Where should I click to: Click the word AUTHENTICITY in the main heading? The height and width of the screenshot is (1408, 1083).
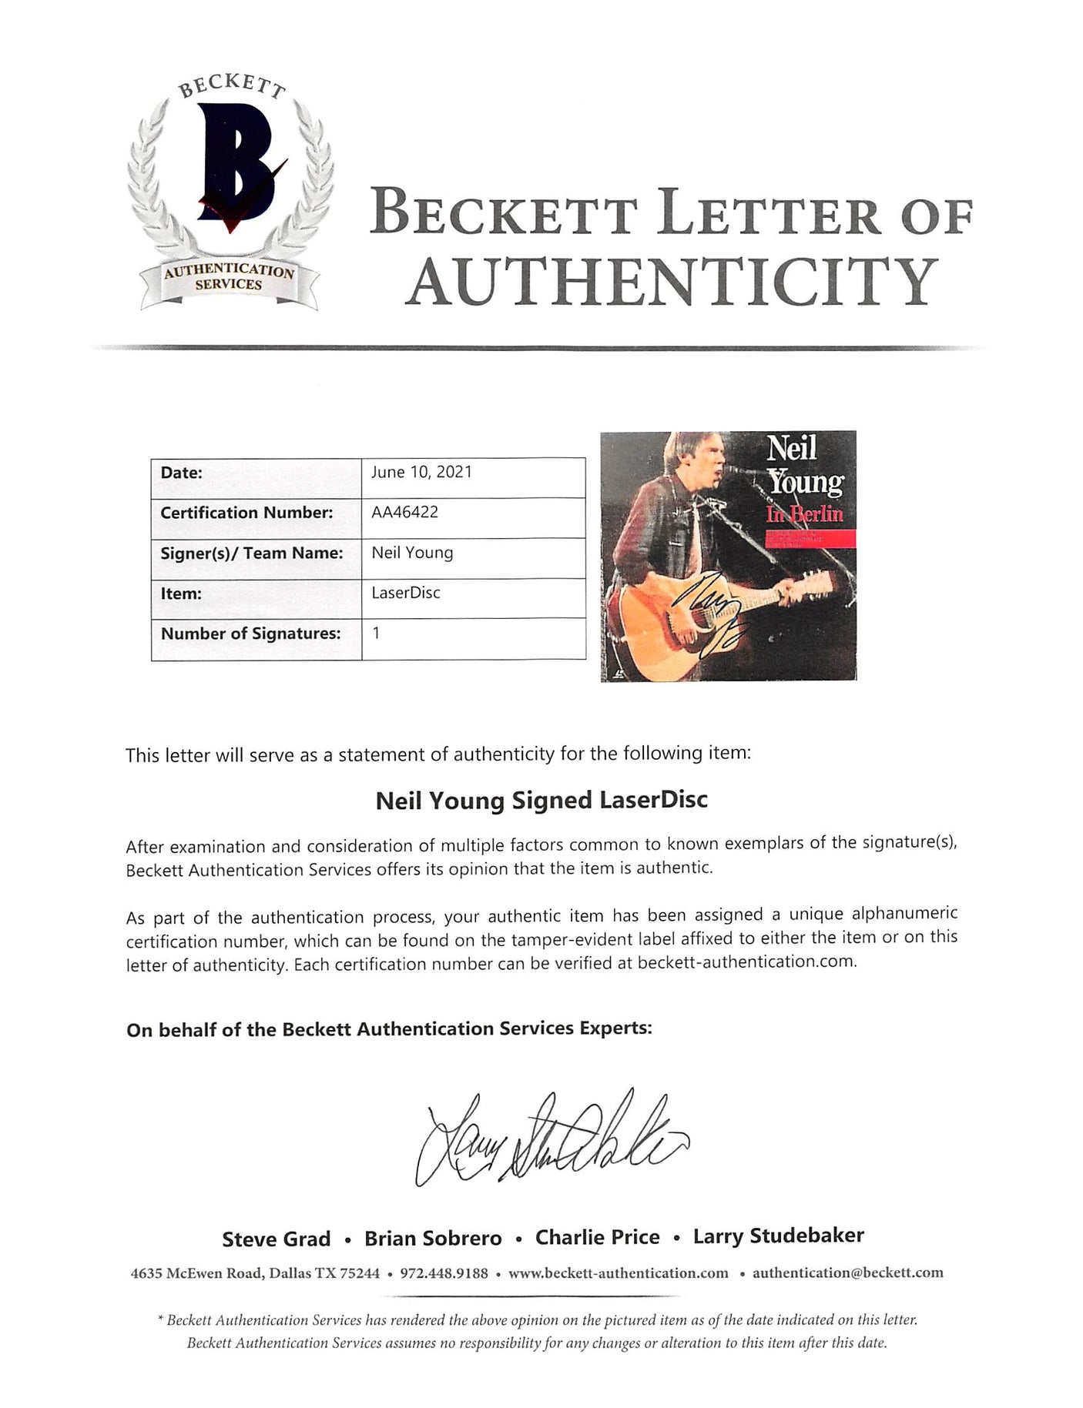pos(672,283)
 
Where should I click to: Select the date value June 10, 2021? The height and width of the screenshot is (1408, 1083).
pos(421,472)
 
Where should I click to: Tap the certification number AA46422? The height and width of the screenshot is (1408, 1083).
pos(404,512)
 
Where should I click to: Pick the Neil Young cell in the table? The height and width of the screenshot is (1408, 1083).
pos(412,553)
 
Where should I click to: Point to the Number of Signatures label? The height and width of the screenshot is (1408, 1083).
pos(250,634)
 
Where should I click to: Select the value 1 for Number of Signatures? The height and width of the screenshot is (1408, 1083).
pos(376,633)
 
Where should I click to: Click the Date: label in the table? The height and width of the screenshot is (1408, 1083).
pos(181,473)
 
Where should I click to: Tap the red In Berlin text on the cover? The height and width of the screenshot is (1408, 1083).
pos(805,514)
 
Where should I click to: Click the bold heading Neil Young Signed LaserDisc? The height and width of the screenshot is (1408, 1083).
pos(541,801)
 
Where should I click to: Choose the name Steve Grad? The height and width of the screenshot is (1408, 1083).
pos(276,1239)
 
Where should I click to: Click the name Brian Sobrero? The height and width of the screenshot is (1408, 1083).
pos(433,1238)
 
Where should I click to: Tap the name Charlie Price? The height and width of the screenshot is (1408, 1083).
pos(598,1237)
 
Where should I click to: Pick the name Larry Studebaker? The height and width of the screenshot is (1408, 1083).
pos(778,1236)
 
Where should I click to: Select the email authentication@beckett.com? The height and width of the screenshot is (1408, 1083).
pos(847,1273)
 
